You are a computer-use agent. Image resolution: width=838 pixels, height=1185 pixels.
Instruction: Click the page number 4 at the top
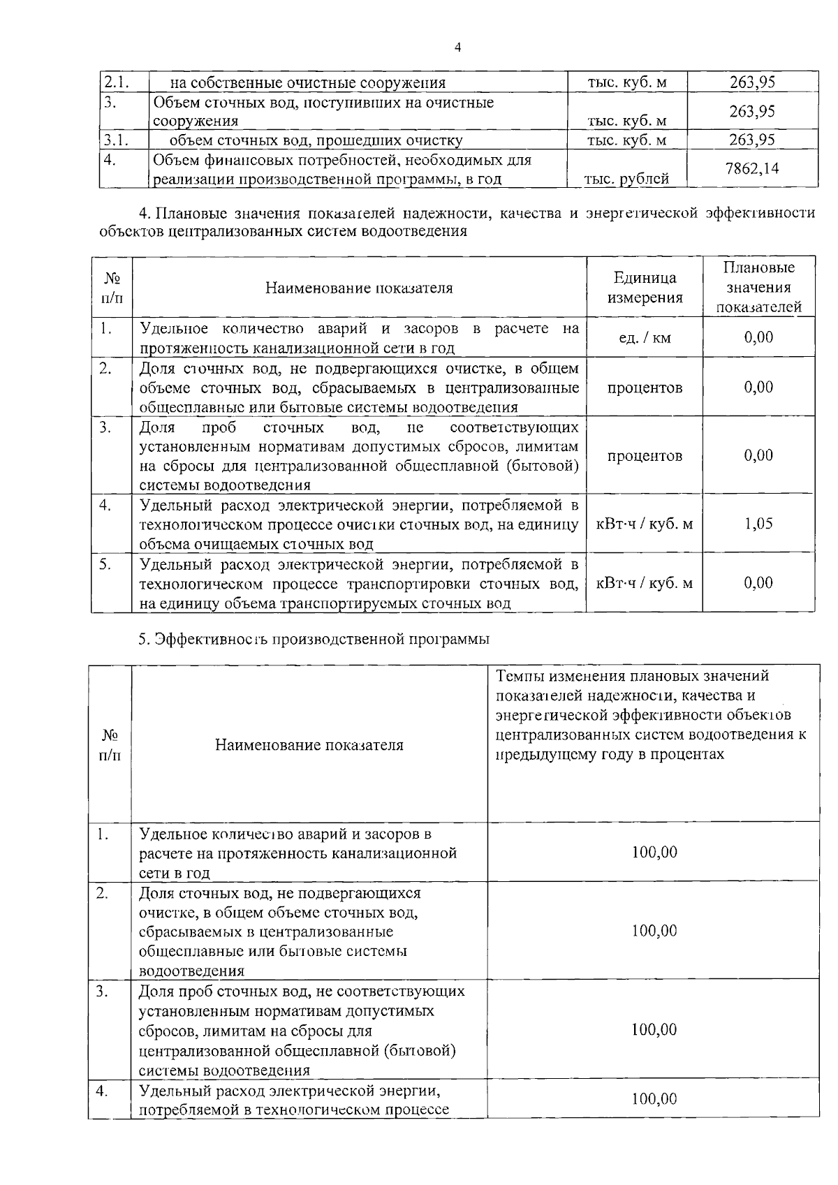[x=457, y=47]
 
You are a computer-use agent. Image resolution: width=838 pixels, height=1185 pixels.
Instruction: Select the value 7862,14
[x=752, y=168]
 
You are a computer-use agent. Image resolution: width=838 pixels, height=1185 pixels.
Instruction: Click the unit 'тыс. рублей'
[x=626, y=179]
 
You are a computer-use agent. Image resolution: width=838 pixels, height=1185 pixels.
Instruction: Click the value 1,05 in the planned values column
[x=758, y=524]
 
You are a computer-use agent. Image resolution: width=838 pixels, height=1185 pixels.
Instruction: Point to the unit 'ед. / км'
[x=645, y=338]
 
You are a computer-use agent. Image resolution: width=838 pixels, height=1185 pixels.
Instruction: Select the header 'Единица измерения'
[x=645, y=288]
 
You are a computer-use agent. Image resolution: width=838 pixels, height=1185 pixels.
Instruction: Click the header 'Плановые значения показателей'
[x=758, y=287]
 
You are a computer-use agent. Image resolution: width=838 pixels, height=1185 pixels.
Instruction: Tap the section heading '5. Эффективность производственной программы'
[x=313, y=638]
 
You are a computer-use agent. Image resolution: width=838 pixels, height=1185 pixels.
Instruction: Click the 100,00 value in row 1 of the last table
[x=654, y=852]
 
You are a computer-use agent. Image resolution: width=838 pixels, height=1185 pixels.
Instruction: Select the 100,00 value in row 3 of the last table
[x=654, y=1029]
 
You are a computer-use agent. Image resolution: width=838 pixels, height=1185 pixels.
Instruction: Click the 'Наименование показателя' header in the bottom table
[x=309, y=745]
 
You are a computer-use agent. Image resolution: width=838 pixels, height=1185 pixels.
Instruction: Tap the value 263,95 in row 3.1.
[x=752, y=140]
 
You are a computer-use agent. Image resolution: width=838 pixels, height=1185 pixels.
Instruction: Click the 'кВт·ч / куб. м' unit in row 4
[x=645, y=524]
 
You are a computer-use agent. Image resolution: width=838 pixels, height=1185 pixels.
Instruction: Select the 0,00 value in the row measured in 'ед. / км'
[x=758, y=337]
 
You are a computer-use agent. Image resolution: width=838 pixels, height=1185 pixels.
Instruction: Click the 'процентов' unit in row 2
[x=645, y=388]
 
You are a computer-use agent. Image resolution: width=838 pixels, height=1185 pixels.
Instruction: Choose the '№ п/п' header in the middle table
[x=112, y=288]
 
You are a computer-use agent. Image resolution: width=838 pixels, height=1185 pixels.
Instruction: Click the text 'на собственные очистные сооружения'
[x=308, y=83]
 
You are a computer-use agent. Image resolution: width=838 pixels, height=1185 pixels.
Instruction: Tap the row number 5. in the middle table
[x=105, y=564]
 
